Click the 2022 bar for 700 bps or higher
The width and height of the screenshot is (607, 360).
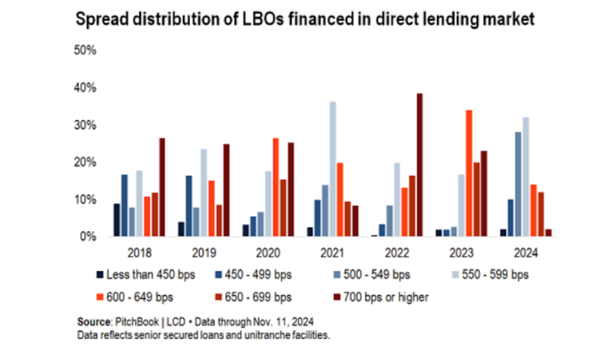click(419, 165)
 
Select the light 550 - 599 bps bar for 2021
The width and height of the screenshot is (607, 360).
click(332, 169)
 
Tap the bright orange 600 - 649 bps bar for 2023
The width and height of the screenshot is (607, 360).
click(469, 174)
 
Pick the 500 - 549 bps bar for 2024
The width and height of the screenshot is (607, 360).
click(518, 184)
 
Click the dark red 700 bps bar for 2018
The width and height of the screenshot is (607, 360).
click(162, 188)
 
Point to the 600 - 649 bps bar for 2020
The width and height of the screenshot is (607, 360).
click(275, 188)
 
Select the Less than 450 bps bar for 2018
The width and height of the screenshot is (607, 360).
click(116, 220)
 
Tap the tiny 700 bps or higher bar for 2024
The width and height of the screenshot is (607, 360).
click(548, 232)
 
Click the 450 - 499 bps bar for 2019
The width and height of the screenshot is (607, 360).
click(189, 206)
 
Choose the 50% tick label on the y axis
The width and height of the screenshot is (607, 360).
click(85, 51)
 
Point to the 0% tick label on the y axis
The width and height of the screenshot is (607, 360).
click(88, 236)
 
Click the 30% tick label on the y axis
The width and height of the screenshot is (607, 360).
click(85, 125)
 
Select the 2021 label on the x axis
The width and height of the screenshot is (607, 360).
click(332, 253)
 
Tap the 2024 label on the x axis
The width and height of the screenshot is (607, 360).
click(526, 253)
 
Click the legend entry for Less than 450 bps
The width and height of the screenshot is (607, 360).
click(146, 275)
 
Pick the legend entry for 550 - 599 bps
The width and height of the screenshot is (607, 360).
click(491, 275)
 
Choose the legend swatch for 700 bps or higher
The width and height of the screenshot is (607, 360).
click(337, 297)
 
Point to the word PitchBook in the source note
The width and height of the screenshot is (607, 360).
click(137, 322)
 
